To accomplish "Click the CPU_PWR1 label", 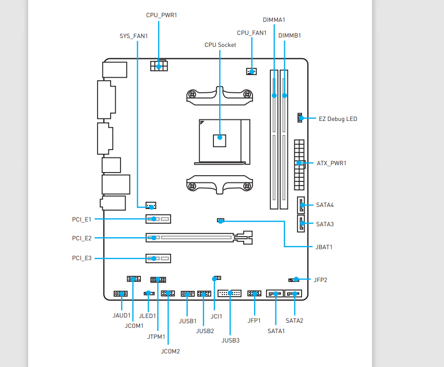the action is point(161,15).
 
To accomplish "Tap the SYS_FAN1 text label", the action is point(134,36).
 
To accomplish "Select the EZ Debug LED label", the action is point(338,119).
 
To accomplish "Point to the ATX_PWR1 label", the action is point(331,163).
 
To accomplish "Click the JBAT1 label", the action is point(324,247).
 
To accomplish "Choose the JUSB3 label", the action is point(231,340).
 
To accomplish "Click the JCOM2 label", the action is point(171,351).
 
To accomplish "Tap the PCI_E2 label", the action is point(82,238).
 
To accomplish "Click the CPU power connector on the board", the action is point(159,66).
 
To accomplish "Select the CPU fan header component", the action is point(251,71).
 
